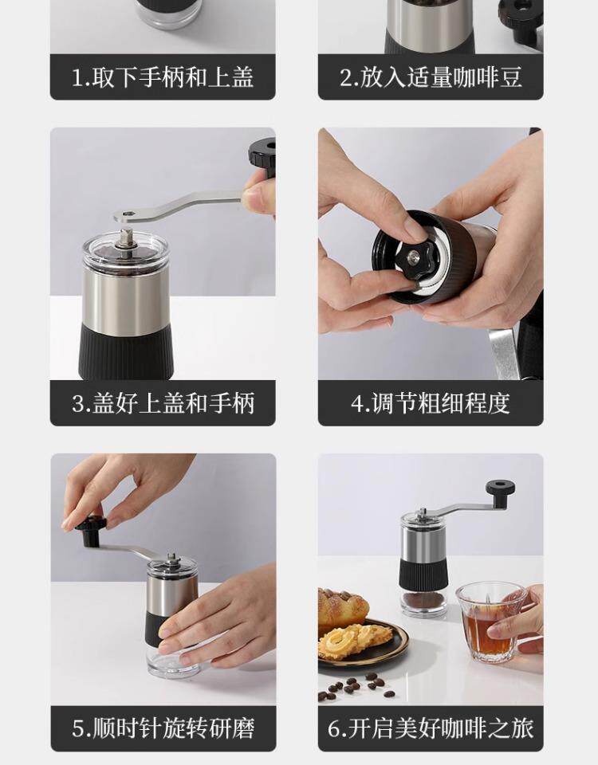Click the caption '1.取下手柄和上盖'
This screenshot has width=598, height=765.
click(x=163, y=77)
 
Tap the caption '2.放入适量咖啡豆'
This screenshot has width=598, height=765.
click(x=431, y=77)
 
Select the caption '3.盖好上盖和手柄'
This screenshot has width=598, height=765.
click(x=163, y=403)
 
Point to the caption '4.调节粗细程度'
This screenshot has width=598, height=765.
click(x=431, y=403)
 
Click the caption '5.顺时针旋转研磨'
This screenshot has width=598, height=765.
click(x=163, y=728)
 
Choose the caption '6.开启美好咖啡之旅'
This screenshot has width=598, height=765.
click(x=431, y=728)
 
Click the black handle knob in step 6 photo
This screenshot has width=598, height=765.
click(x=501, y=493)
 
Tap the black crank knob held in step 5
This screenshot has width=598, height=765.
click(x=90, y=531)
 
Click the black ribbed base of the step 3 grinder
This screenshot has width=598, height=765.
click(x=125, y=351)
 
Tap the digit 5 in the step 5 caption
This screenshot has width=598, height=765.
click(x=77, y=729)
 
